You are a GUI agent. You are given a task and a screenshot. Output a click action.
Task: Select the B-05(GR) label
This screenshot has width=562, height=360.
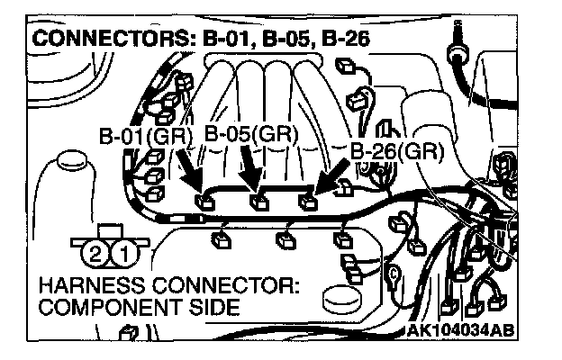(x=251, y=134)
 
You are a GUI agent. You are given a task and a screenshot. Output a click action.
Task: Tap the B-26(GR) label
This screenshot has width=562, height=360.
(x=396, y=151)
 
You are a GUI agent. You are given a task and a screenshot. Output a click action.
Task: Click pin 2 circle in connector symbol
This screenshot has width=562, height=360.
(x=94, y=255)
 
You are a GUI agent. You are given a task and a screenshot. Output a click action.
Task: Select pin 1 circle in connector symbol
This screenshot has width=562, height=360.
(x=119, y=255)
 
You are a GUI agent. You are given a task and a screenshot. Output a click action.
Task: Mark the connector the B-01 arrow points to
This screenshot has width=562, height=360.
(x=204, y=199)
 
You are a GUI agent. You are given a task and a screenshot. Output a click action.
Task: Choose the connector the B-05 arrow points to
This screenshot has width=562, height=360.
(x=258, y=200)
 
